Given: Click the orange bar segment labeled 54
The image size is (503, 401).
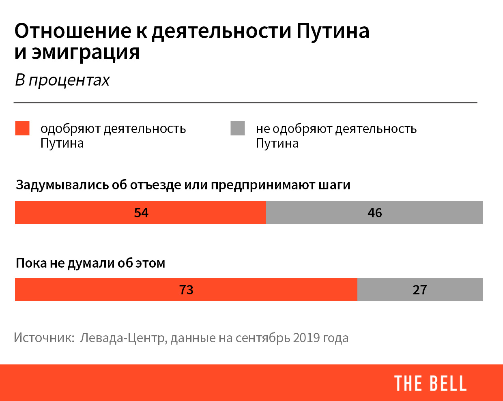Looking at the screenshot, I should coord(140,212).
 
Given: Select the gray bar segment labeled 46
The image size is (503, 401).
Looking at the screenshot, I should coord(374,212).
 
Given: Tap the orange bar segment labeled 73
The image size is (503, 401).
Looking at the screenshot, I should coord(186,289).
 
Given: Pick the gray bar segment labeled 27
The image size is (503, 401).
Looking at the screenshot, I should coord(419,289).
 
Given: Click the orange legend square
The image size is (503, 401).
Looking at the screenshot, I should coord(22,128).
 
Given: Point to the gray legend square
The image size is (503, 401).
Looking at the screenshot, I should coord(237,128).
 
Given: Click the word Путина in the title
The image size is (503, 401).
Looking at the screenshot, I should coord(333,31).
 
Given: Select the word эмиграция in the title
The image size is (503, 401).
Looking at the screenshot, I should coord(86,53).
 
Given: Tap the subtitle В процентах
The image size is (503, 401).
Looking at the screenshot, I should coord(62,80).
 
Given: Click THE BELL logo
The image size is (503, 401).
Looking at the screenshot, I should coord(430,383).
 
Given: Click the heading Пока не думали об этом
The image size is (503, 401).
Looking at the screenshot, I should coord(90,263).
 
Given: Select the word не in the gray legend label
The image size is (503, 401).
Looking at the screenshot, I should coord(262,129).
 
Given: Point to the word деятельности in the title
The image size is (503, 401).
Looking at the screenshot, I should coord(221,31).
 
